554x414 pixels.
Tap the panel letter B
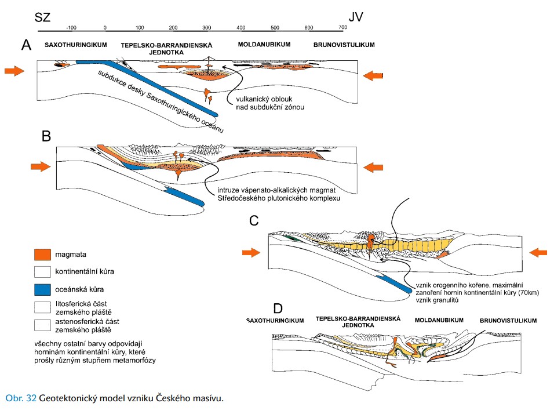(x=47, y=137)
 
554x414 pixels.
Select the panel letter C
(x=253, y=220)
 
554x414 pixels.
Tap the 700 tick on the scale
(x=343, y=27)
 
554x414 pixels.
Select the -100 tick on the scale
(x=72, y=27)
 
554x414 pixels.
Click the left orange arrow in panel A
(x=14, y=71)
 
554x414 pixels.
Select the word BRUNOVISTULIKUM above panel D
(x=508, y=321)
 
